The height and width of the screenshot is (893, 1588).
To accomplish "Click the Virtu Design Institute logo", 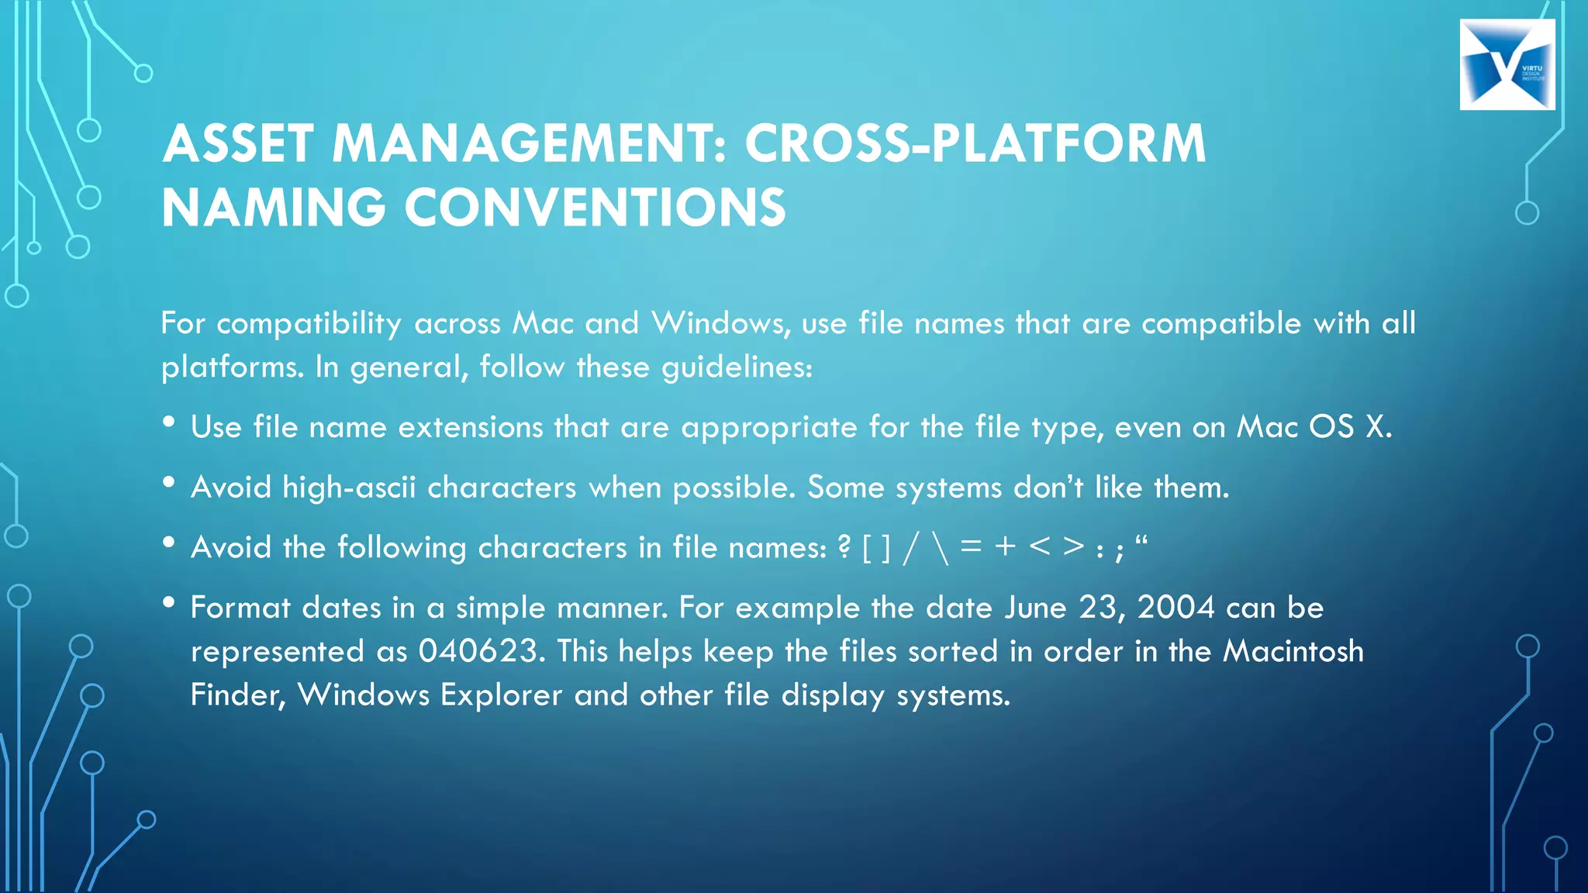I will pos(1507,64).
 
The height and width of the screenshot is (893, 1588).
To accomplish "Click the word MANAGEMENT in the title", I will pos(529,144).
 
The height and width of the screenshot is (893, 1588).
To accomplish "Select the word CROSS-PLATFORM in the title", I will pos(975,144).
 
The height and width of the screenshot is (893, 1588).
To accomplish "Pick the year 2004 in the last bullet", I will pos(1175,608).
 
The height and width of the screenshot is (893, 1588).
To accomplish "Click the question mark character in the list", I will pos(844,547).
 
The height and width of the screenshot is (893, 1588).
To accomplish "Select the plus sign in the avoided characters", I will pos(1006,546).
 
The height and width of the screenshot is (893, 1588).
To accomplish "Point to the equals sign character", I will pos(971,546).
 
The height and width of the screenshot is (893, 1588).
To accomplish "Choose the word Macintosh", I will pos(1293,651).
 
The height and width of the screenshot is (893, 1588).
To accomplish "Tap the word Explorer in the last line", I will pos(501,695).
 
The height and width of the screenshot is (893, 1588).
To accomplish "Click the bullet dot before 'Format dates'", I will pos(169,602).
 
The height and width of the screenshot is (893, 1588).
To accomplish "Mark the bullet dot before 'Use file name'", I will pos(169,422).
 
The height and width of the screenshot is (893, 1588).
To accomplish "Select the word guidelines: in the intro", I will pos(737,367).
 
